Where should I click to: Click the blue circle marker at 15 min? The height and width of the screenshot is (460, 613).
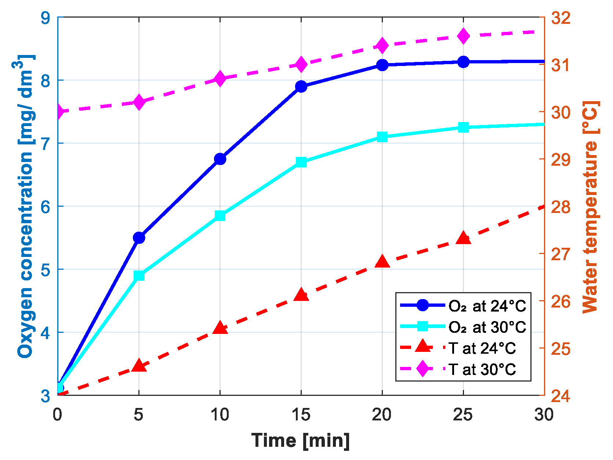[x=301, y=87]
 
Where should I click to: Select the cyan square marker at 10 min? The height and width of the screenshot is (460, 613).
[x=220, y=216]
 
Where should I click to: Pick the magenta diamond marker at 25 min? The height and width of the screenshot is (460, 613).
[x=463, y=36]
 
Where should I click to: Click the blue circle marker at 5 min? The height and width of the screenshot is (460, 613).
[x=139, y=238]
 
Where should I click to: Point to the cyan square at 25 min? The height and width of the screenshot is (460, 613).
[x=463, y=128]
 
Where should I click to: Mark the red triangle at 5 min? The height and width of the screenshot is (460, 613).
[x=139, y=365]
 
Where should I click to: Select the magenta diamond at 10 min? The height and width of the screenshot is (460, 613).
[x=220, y=78]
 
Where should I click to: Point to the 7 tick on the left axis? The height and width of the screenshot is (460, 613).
[x=46, y=143]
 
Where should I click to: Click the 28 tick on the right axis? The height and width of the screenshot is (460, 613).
[x=561, y=207]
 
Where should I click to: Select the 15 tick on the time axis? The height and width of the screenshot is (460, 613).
[x=301, y=415]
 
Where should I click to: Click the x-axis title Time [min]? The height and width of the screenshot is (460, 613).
[x=300, y=440]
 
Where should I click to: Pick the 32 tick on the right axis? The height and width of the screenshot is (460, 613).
[x=561, y=18]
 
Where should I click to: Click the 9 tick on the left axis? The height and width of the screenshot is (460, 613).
[x=46, y=18]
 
